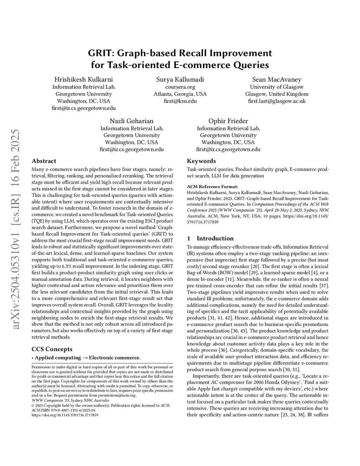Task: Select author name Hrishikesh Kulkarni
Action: (84, 79)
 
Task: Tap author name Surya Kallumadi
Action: (180, 79)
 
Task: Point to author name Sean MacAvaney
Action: (277, 79)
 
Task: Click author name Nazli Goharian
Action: (131, 121)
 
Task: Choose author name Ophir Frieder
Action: (228, 121)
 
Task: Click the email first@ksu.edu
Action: (180, 101)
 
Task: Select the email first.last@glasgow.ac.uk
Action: (277, 101)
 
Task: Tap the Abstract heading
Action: (44, 161)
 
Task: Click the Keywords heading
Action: (201, 161)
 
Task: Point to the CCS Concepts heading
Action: (52, 349)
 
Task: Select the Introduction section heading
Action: (215, 238)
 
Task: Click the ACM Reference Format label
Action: (212, 187)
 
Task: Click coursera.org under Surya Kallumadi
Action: (180, 87)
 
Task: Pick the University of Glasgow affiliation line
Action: (277, 87)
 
